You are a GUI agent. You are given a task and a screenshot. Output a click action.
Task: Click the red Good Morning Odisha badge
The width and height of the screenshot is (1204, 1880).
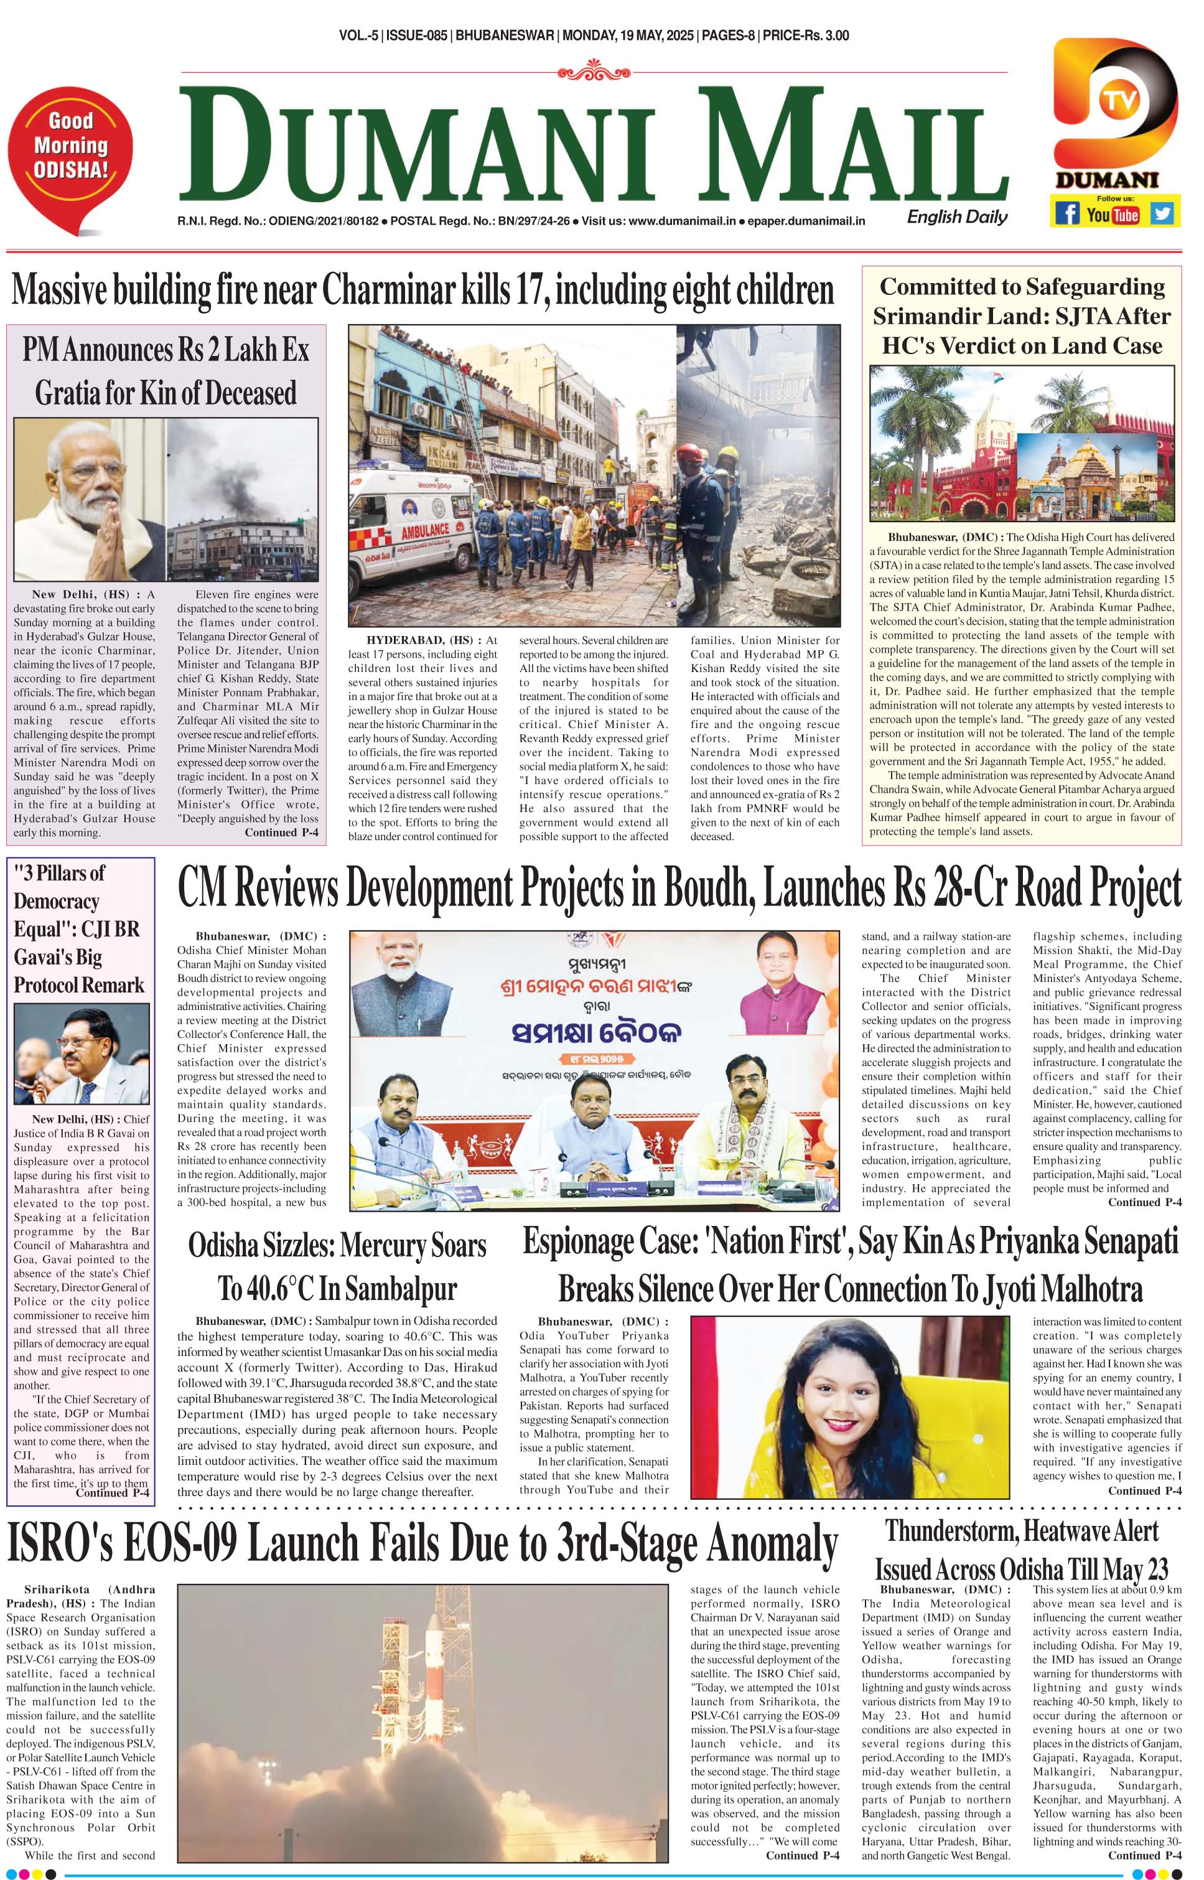[70, 147]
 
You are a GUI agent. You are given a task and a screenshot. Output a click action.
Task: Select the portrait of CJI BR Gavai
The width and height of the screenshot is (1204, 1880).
[82, 1053]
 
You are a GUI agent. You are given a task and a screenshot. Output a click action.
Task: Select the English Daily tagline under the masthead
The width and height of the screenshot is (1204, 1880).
[957, 217]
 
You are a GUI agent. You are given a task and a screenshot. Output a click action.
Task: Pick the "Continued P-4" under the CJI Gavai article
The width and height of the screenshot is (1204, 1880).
[112, 1493]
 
